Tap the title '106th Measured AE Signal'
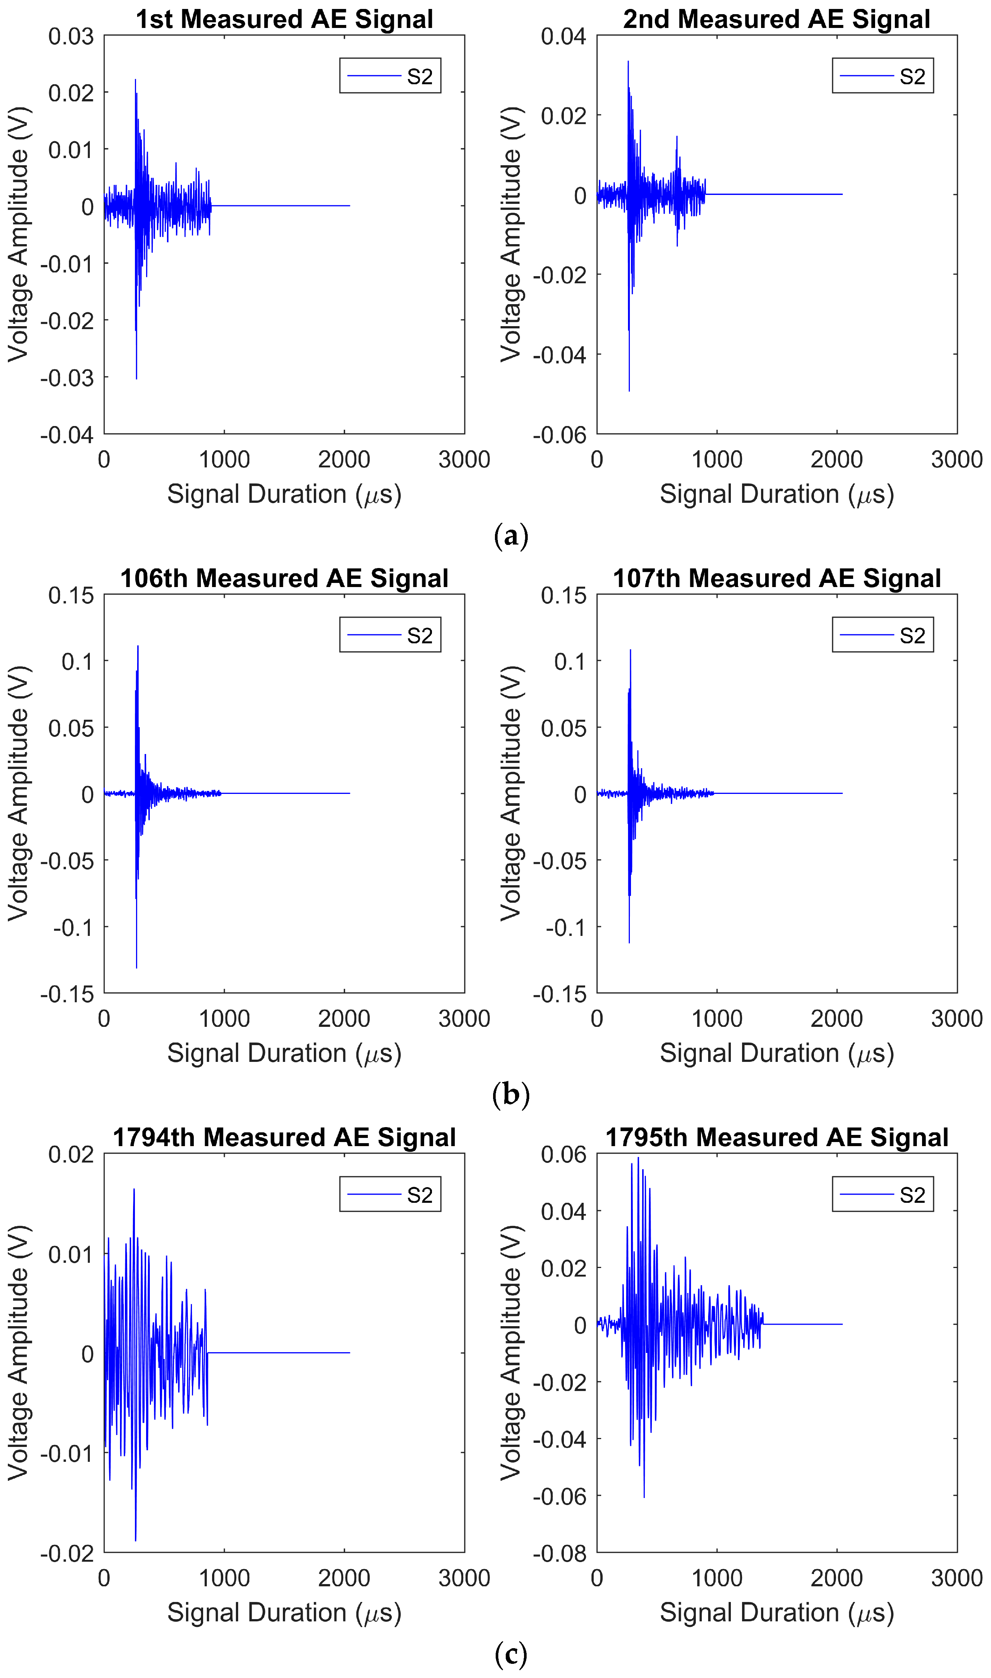tap(284, 578)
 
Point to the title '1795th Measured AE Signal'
tap(777, 1137)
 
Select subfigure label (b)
tap(511, 1095)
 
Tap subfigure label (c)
tap(511, 1655)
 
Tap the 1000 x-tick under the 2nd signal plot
tap(717, 460)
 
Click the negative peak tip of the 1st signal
tap(136, 379)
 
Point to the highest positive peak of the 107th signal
tap(630, 650)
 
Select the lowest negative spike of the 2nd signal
tap(629, 391)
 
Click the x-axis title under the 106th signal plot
tap(284, 1053)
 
